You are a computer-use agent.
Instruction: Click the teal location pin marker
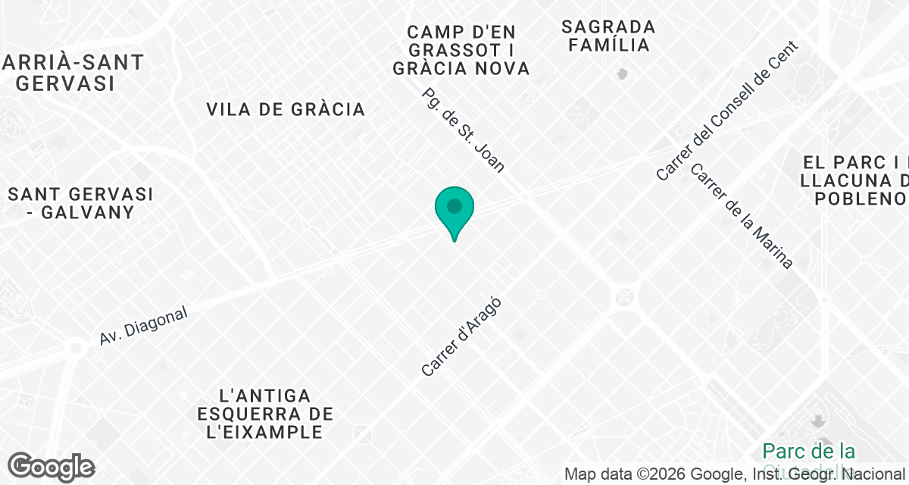pos(454,211)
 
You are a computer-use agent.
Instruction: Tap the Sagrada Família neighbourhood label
pos(609,36)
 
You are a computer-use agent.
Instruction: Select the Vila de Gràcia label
pos(286,109)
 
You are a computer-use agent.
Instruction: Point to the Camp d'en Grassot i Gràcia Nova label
pos(461,50)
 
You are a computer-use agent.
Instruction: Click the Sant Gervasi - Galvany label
pos(80,203)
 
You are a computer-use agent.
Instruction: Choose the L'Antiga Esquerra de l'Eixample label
pos(264,414)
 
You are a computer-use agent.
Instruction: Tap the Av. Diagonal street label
pos(143,327)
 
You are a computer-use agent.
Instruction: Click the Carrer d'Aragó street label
pos(461,336)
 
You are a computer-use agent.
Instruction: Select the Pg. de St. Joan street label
pos(463,131)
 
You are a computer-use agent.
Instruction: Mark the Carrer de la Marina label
pos(742,216)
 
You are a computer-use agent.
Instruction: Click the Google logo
pos(51,467)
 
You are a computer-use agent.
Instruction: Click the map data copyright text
pos(735,474)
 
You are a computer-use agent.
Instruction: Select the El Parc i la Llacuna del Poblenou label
pos(855,180)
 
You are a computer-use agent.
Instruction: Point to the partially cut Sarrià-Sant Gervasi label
pos(73,73)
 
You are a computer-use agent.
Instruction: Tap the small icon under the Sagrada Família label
pos(623,74)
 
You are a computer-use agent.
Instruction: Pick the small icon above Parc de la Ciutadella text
pos(818,420)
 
